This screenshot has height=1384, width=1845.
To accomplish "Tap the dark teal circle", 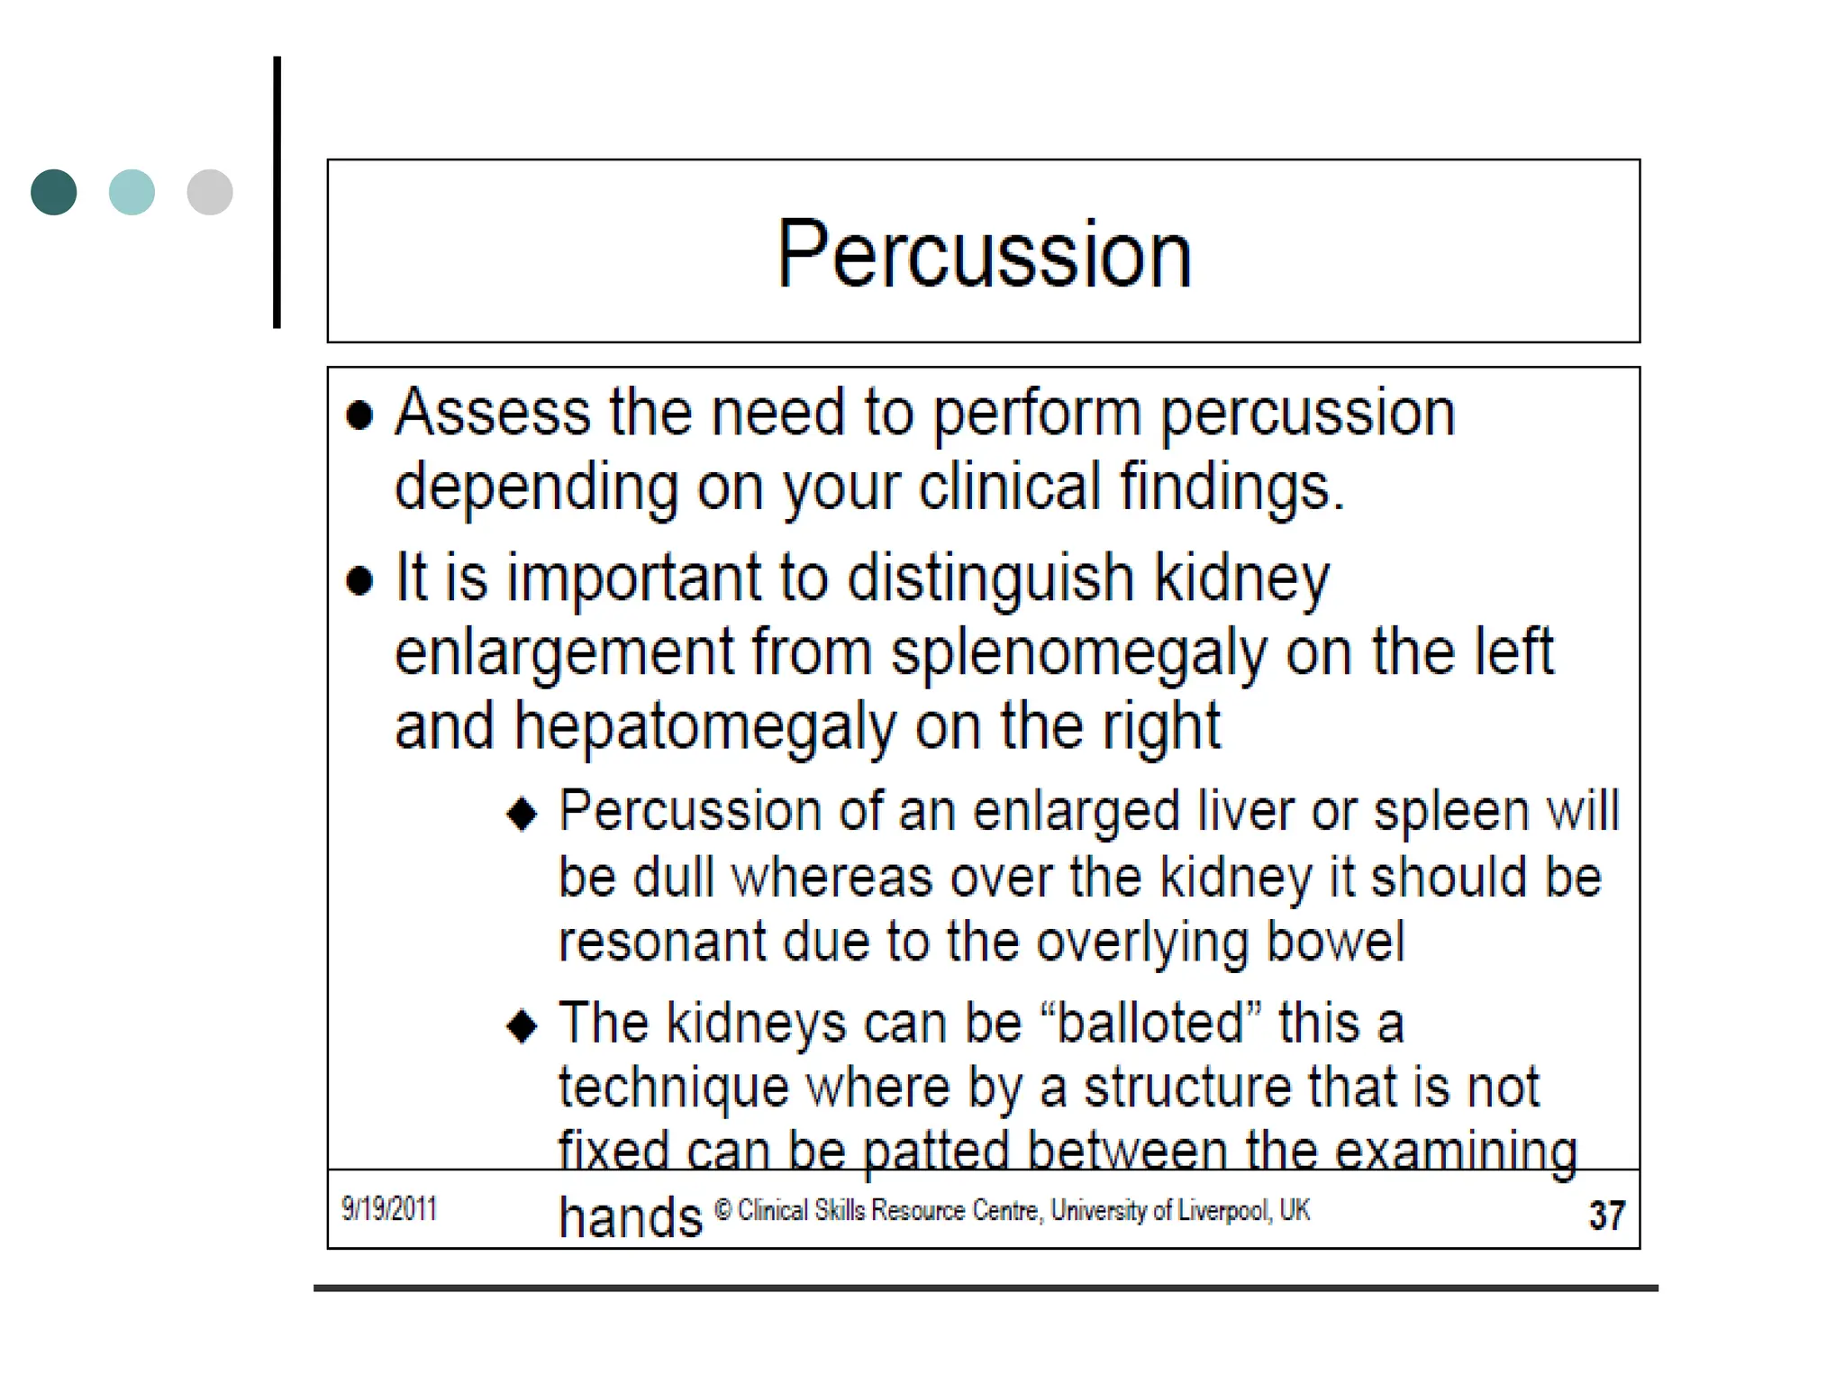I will pos(54,192).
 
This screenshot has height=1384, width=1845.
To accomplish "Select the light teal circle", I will pos(132,192).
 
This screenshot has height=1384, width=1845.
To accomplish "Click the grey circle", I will pos(210,192).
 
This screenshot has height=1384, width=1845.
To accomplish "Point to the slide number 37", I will pos(1606,1215).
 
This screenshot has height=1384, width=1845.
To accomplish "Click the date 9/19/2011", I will pos(389,1208).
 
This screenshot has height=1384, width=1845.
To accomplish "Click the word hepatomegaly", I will pos(704,727).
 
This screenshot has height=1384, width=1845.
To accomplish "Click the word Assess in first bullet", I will pos(492,413).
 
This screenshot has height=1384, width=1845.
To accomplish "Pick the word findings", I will pos(1231,487).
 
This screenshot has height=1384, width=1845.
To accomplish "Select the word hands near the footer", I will pos(630,1217).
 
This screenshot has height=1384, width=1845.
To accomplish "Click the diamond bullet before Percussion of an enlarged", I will pos(523,815).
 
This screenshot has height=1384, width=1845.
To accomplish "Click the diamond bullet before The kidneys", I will pos(523,1026).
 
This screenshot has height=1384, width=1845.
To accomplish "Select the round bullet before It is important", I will pos(359,580).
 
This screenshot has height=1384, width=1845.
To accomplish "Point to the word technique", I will pos(673,1088).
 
